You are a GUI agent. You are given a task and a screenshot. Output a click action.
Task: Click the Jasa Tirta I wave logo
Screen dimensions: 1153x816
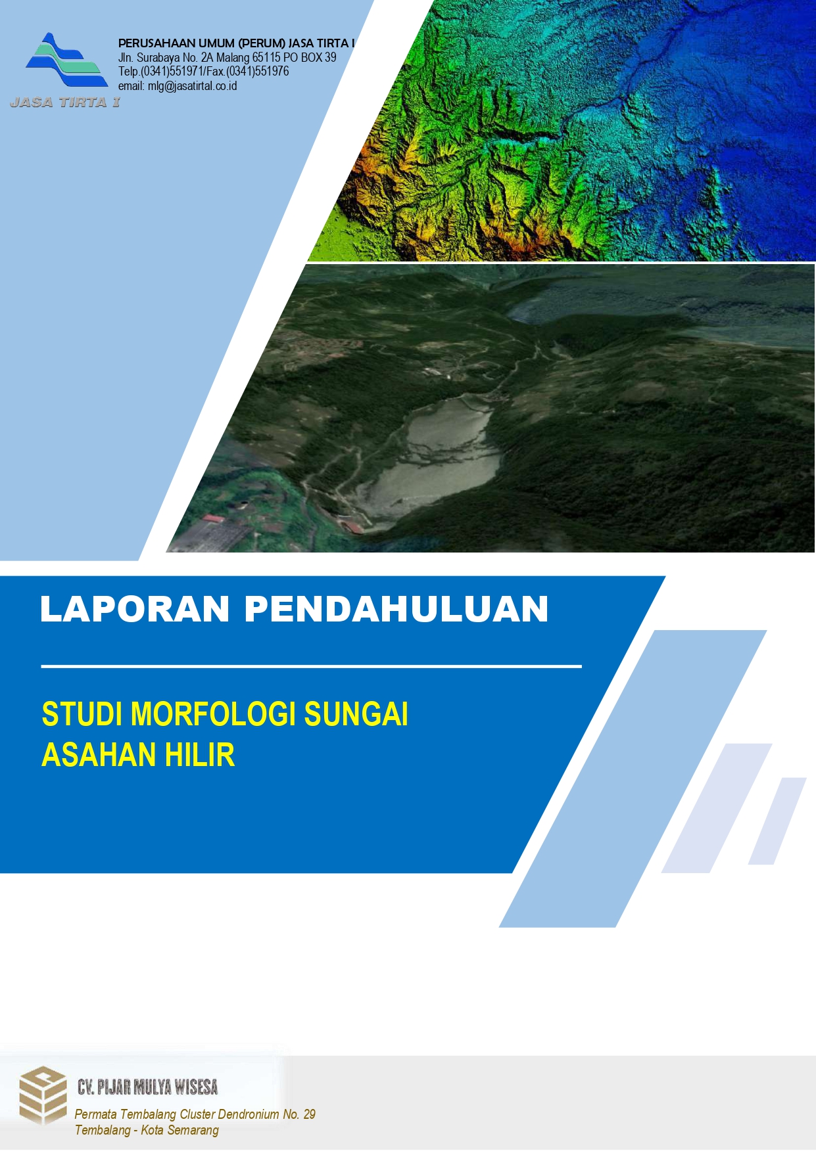(x=66, y=60)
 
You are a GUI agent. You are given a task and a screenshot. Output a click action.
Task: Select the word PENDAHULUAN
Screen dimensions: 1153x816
(x=396, y=608)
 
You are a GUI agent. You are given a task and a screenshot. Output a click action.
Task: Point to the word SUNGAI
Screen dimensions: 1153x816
(x=356, y=714)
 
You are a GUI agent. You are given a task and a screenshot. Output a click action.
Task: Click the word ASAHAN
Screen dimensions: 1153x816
(x=99, y=755)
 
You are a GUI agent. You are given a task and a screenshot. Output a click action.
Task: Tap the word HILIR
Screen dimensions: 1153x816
(x=199, y=755)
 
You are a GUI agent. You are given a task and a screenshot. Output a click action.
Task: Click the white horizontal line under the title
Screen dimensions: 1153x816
(x=311, y=666)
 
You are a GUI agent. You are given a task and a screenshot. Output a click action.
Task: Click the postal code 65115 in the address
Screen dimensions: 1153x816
(x=267, y=58)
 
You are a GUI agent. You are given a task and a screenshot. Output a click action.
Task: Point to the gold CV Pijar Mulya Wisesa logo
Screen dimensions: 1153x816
(x=43, y=1094)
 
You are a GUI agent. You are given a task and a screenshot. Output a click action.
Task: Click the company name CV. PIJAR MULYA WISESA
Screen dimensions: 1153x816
(x=147, y=1087)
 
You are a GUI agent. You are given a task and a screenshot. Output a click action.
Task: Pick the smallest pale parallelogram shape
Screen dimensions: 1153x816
(x=777, y=821)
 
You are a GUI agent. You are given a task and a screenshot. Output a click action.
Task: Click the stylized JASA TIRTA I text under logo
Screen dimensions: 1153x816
(x=65, y=102)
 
